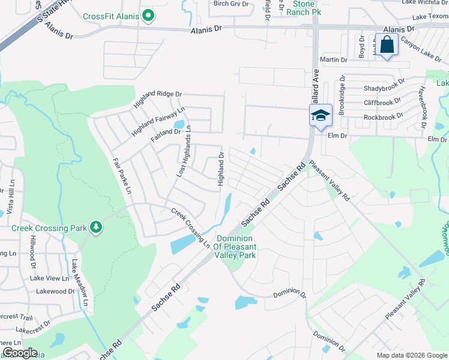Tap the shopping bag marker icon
point(387,45)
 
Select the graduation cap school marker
point(320,115)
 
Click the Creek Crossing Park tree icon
point(95,227)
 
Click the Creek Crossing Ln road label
point(190,229)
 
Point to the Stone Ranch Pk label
point(303,8)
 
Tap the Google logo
point(19,353)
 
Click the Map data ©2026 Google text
point(411,355)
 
